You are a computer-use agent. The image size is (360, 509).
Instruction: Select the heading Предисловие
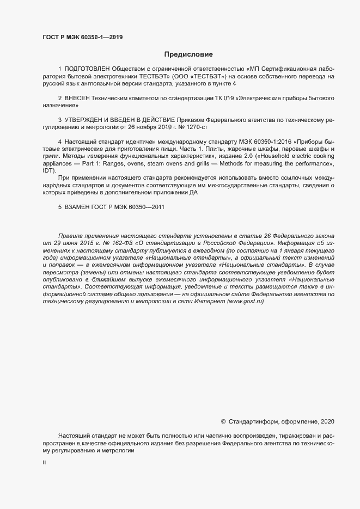tap(188, 54)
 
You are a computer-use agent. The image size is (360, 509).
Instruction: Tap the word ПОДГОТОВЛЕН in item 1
tap(87, 69)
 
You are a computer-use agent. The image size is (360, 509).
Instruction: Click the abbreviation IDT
tap(50, 170)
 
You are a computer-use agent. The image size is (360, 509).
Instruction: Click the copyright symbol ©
tap(223, 421)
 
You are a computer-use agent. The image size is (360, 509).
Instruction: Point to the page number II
tap(44, 463)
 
